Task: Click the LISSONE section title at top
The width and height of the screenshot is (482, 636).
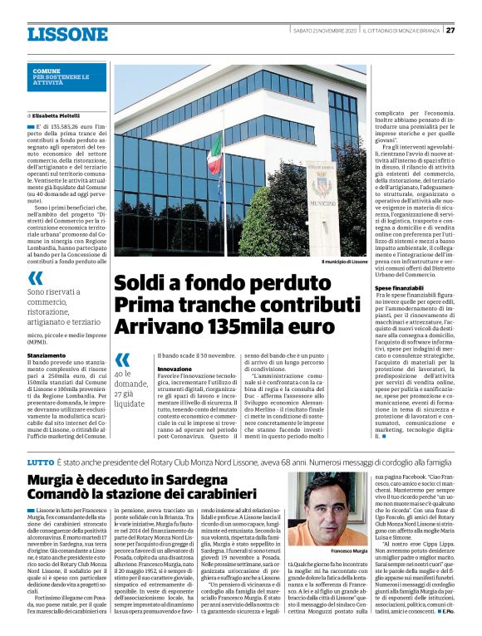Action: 67,34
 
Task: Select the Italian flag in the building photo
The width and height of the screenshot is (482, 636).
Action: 214,153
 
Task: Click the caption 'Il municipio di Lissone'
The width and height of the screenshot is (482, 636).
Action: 343,262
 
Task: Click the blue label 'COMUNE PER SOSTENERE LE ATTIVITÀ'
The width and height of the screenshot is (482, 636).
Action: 58,78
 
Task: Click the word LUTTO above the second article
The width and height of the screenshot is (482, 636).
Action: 40,460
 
